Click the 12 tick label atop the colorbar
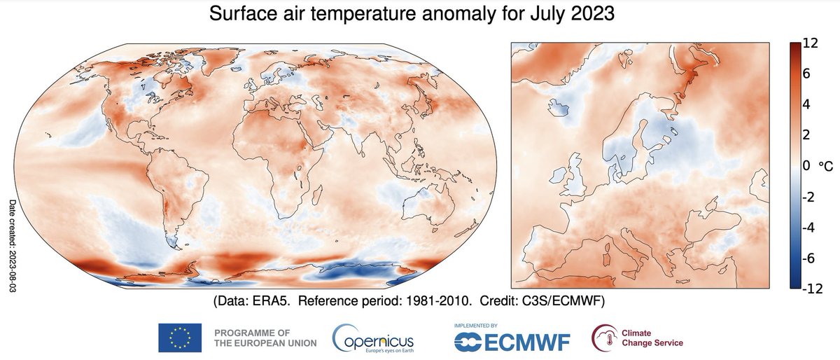(x=811, y=43)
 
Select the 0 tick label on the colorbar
(x=807, y=166)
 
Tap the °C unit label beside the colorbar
(x=827, y=167)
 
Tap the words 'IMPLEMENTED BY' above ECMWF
(x=475, y=326)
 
